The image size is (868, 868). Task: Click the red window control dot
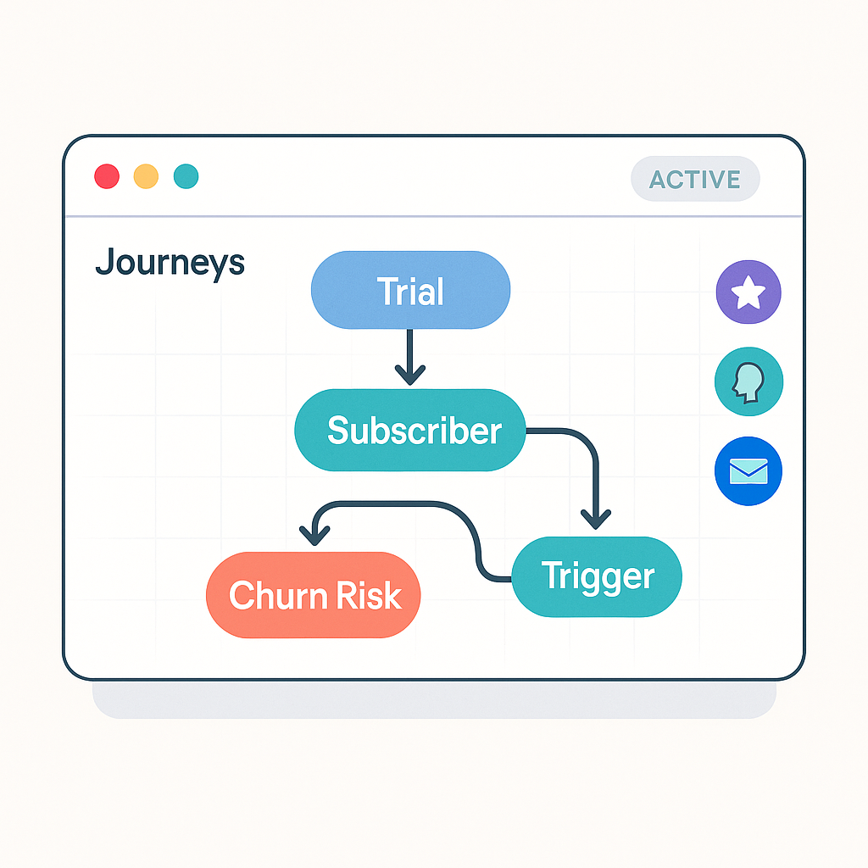pos(107,176)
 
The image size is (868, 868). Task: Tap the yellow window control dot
pos(146,176)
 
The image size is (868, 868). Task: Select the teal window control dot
pos(186,176)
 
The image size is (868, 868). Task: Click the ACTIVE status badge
pos(695,179)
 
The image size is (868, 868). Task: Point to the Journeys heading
pos(170,263)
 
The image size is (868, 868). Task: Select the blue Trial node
pos(410,290)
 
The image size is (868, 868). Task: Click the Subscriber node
pos(410,430)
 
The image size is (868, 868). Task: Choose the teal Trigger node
pos(597,576)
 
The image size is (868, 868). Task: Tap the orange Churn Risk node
pos(314,595)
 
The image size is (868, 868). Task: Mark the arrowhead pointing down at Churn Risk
pos(314,536)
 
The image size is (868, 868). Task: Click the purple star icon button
pos(748,292)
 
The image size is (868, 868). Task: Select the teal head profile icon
pos(749,381)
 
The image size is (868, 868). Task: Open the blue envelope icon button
pos(748,471)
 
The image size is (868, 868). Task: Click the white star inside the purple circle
pos(748,292)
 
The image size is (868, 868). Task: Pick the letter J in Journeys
pos(105,261)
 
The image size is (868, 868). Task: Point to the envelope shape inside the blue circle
pos(748,471)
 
